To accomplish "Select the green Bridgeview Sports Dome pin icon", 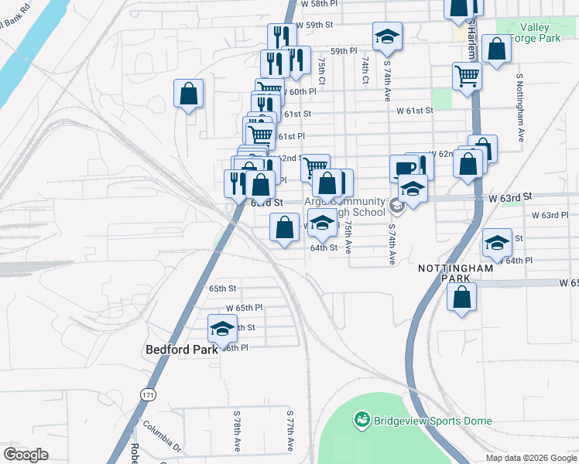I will (361, 421).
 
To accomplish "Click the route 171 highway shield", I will (148, 394).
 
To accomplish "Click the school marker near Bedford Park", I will (222, 328).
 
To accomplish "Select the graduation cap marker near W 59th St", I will (387, 36).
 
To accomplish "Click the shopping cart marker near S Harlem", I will (467, 76).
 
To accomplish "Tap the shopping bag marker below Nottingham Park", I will (462, 297).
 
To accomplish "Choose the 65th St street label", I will (222, 288).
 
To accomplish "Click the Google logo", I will (26, 455).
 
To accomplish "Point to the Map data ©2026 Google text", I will (530, 458).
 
